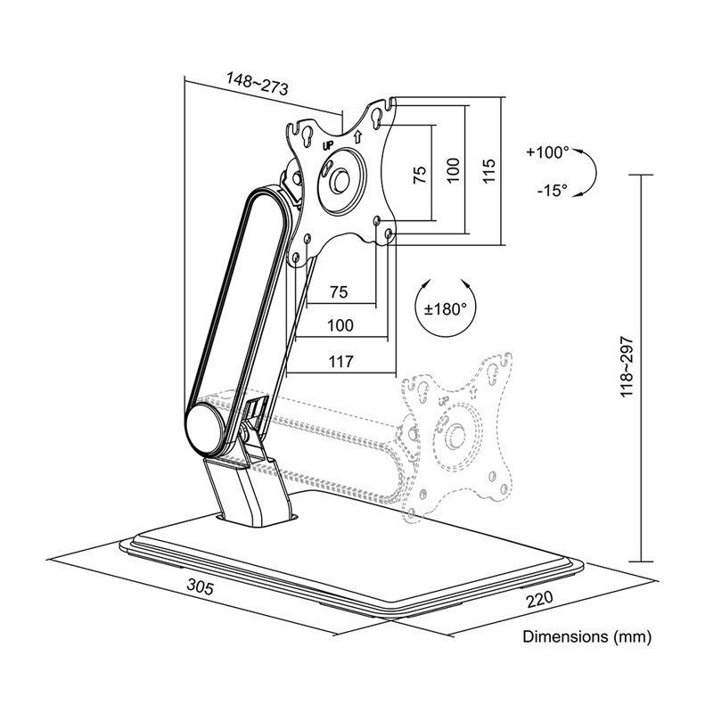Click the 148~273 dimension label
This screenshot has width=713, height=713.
point(258,84)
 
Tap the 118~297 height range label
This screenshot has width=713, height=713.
point(627,367)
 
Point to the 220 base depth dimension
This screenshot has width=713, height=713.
point(540,599)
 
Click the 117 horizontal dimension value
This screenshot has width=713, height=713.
point(340,362)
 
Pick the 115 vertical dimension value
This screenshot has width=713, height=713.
point(488,171)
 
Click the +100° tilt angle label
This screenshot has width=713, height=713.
point(547,152)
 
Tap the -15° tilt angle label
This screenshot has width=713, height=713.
point(552,190)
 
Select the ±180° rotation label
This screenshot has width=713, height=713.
point(446,309)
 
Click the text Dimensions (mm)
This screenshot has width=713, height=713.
point(587,636)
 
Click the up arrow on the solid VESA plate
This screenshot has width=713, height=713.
point(358,135)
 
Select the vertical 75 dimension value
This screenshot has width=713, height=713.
point(420,175)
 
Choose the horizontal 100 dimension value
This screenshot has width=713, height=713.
point(340,325)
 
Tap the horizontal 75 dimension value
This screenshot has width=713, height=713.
point(340,291)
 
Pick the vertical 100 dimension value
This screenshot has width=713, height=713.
point(454,170)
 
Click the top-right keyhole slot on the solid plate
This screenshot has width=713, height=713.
point(378,117)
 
